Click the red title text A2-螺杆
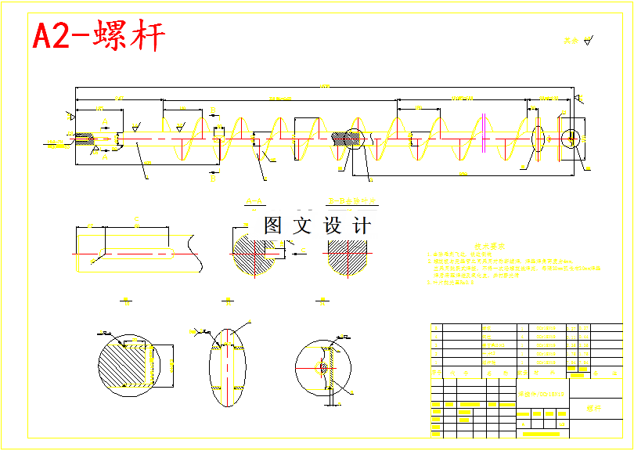point(99,37)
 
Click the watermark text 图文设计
point(317,226)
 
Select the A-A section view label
point(254,201)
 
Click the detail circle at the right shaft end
point(572,139)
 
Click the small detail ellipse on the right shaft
point(537,138)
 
